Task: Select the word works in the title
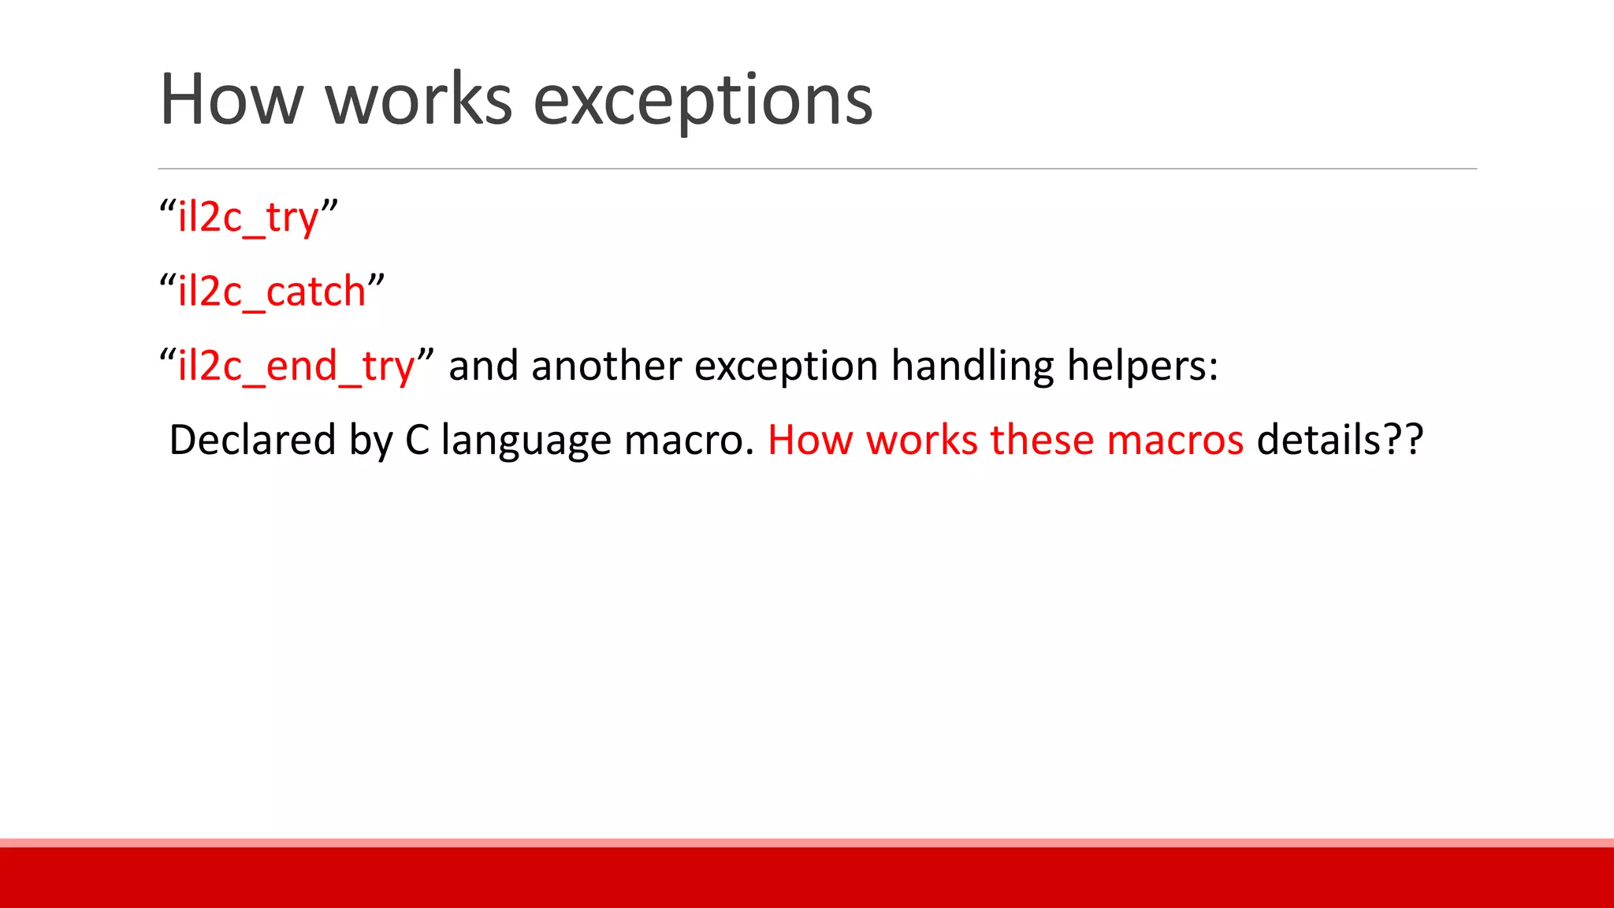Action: pos(418,99)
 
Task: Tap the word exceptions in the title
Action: pos(702,99)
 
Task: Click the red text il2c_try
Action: pos(248,218)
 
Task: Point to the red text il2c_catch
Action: pos(272,292)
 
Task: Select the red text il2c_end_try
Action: pos(296,367)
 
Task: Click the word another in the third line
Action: pos(606,367)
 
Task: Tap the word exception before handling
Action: pos(786,367)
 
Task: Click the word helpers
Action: pos(1142,367)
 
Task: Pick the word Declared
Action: pos(252,440)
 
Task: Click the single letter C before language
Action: pos(417,440)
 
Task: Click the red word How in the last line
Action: pos(810,440)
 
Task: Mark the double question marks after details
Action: pos(1404,440)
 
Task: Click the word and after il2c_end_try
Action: pos(483,367)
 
